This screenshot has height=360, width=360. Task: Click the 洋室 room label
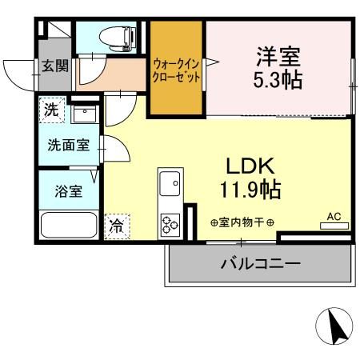(x=279, y=57)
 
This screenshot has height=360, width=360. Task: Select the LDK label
(x=250, y=166)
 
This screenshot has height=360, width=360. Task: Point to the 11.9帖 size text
(x=250, y=190)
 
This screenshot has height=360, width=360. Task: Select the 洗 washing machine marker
(x=51, y=110)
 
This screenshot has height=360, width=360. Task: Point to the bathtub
(x=69, y=226)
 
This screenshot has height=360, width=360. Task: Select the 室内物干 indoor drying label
(x=242, y=222)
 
